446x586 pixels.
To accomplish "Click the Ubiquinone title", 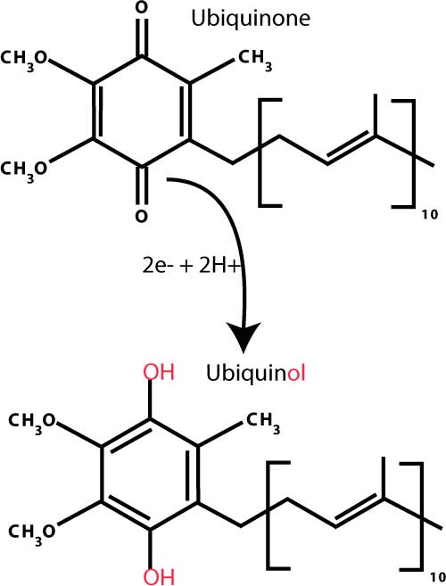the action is pos(251,19).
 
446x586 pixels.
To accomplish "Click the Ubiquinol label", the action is pos(256,374).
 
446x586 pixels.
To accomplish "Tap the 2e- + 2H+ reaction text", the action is pos(190,266).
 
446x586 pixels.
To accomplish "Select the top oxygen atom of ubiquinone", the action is pos(141,8).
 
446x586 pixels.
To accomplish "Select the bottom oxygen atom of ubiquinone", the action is pos(141,217).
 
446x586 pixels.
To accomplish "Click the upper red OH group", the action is pos(160,372).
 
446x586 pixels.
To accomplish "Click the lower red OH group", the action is pos(160,576).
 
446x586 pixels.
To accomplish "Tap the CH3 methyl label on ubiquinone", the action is pos(255,60).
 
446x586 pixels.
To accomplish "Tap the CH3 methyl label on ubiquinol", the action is pos(263,422).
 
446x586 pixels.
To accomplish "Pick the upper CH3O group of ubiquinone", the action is pos(24,60).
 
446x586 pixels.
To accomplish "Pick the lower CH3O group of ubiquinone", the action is pos(24,170).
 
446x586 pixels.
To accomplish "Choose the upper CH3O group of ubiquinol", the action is pos(32,422).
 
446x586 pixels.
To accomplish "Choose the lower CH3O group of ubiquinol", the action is pos(32,532).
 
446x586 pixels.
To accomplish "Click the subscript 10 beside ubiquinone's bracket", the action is pos(430,216).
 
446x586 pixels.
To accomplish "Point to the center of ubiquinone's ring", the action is pos(141,111).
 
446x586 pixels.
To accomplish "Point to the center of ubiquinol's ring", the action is pos(150,474).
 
